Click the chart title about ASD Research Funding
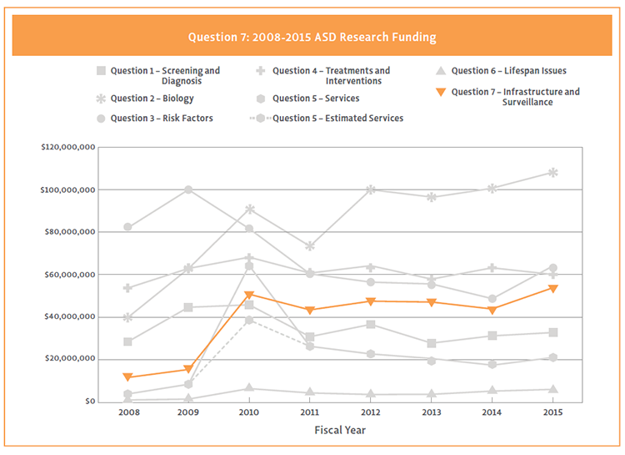pos(312,38)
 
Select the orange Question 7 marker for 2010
pos(249,295)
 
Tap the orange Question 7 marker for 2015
pos(552,288)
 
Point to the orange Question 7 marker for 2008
pos(127,377)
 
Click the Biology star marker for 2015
pos(552,173)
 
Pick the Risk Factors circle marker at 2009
pos(188,190)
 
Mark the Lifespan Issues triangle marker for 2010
pos(249,388)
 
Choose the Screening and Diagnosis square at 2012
pos(371,324)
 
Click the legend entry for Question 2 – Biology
pos(153,99)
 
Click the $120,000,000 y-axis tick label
pos(67,148)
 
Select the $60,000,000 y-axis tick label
pos(68,275)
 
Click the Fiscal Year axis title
pos(339,431)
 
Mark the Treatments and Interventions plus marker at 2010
pos(249,257)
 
